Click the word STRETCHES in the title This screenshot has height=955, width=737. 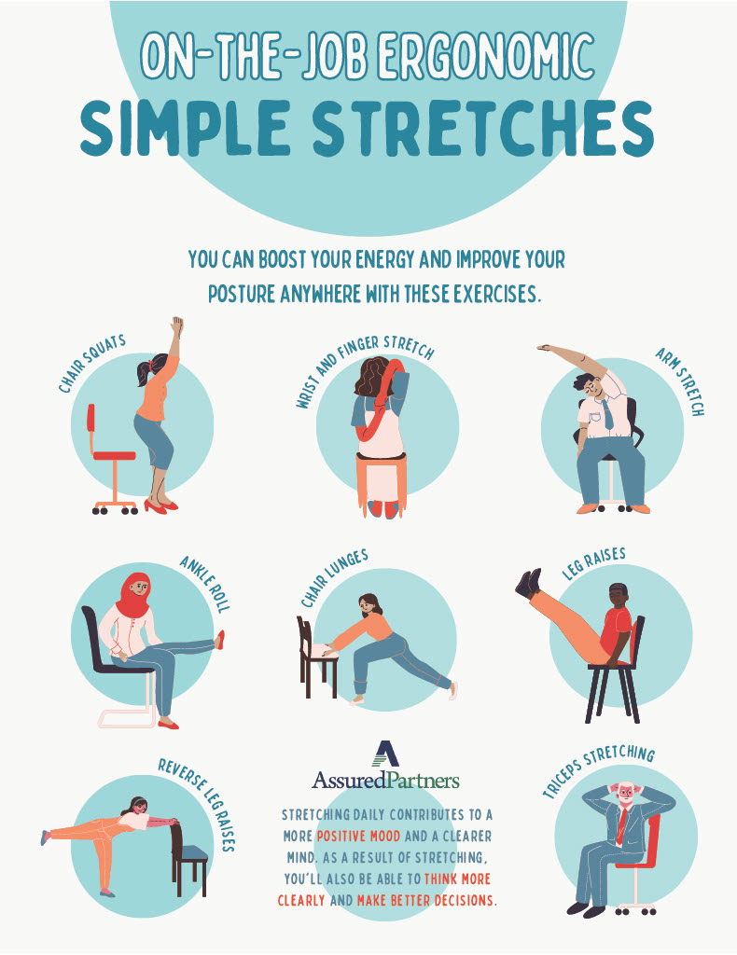(484, 128)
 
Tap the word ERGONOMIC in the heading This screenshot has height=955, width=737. (486, 56)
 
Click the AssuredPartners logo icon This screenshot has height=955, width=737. (385, 754)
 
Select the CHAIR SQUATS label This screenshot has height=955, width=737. (92, 363)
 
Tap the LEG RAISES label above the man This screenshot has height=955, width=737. (594, 562)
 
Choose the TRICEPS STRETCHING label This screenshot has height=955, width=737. (598, 771)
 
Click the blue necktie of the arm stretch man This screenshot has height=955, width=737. (607, 415)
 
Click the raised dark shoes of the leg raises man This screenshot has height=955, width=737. (528, 582)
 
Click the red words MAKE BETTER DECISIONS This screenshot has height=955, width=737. (425, 900)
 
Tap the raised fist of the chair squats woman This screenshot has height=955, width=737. (177, 325)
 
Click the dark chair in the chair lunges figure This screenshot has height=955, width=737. (316, 657)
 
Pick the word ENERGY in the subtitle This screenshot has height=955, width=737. (385, 260)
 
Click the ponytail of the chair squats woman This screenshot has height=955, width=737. (144, 371)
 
